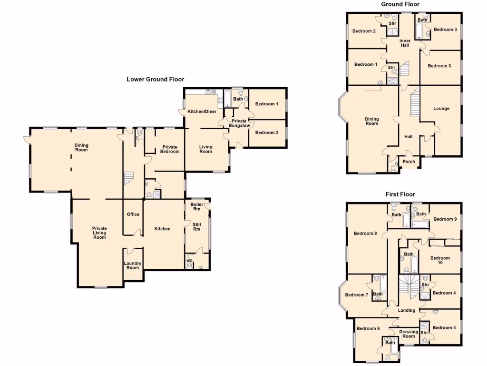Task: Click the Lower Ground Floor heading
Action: [x=155, y=80]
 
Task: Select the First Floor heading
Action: [x=400, y=194]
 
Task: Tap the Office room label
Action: [x=133, y=214]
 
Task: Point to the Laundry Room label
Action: [x=133, y=265]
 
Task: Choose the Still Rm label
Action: [x=196, y=226]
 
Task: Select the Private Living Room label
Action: [x=99, y=233]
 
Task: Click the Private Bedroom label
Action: [x=170, y=149]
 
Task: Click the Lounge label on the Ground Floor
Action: [x=441, y=109]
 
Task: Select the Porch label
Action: [x=409, y=162]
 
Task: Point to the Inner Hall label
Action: [x=405, y=43]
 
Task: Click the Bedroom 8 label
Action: [x=365, y=234]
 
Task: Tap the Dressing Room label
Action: [x=409, y=334]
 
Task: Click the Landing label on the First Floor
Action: [x=406, y=311]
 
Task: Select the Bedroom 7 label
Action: [x=357, y=295]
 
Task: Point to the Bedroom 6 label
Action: [x=368, y=328]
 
